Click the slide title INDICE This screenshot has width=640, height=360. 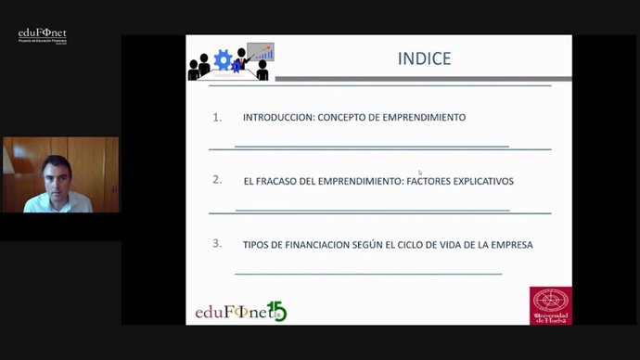pos(424,58)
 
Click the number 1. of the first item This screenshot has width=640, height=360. pos(217,118)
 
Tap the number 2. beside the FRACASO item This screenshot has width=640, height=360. pos(217,180)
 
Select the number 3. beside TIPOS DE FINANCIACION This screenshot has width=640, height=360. pos(217,244)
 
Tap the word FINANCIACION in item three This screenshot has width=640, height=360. pos(317,245)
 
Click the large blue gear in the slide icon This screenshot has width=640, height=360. pos(223,61)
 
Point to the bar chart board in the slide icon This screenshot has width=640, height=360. pos(261,52)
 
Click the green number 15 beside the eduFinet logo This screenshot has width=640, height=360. pos(276,311)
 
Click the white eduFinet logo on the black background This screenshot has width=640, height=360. pos(43,35)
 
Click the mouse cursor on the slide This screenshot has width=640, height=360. pos(420,173)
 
